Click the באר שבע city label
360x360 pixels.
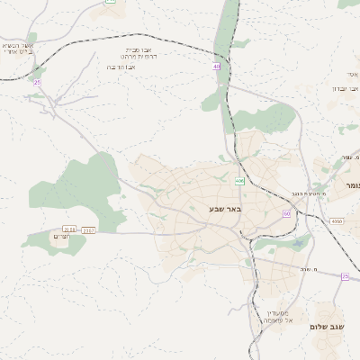223,210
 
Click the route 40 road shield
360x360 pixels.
217,67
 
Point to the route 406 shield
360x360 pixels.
239,181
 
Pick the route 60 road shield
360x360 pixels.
286,213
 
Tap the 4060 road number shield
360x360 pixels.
337,220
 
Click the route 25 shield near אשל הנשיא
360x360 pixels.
37,83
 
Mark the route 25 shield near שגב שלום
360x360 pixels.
345,276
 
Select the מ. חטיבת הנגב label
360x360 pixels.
309,193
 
